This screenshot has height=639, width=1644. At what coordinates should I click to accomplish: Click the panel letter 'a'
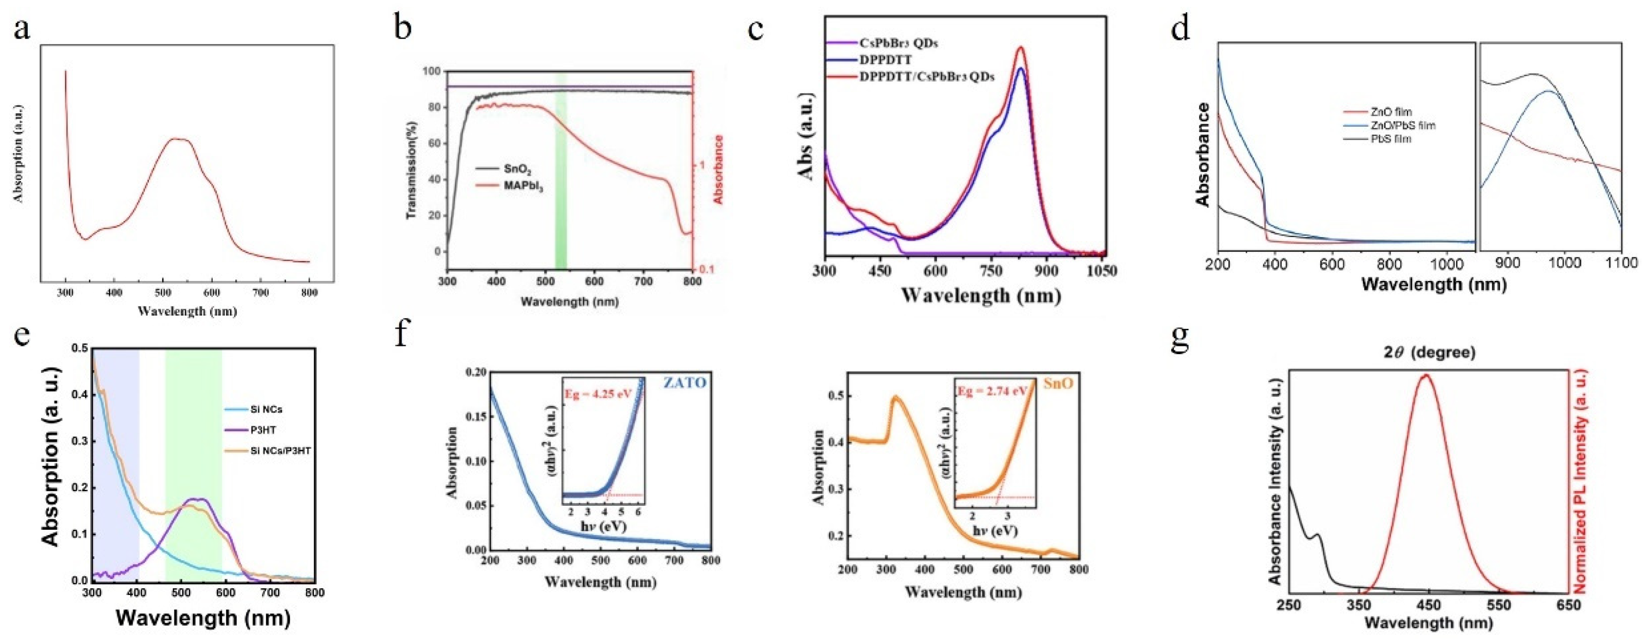click(22, 29)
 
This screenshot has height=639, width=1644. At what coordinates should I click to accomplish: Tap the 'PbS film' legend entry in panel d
click(1391, 139)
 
